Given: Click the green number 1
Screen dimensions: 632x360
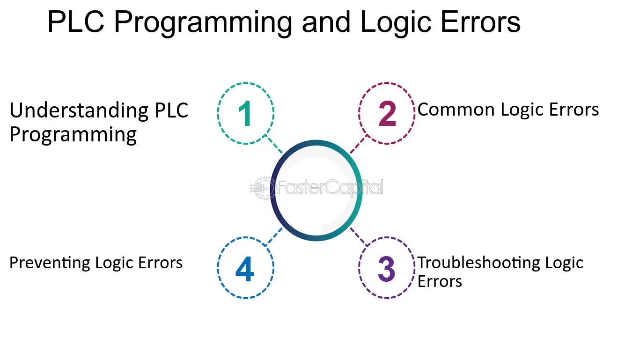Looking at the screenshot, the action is (x=245, y=113).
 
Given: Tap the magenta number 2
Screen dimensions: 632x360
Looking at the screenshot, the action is (x=387, y=113).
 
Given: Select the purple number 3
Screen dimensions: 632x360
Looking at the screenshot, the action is (x=387, y=269).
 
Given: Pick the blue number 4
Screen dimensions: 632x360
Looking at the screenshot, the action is (x=245, y=269).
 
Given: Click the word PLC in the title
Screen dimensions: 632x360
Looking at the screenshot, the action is (x=76, y=22).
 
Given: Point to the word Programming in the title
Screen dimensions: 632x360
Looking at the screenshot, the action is (x=203, y=24).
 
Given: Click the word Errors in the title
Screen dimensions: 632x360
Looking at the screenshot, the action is (x=480, y=22).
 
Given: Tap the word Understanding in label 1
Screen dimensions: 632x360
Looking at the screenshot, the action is (x=79, y=111).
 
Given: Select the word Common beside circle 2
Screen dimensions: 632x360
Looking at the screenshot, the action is (x=456, y=109).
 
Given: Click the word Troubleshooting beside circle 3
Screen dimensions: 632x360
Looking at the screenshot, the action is (x=478, y=263).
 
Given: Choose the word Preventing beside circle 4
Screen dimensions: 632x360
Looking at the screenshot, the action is (x=50, y=263).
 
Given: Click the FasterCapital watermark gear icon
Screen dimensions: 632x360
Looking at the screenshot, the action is (x=262, y=188).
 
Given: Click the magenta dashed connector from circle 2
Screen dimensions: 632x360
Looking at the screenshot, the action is (x=359, y=144).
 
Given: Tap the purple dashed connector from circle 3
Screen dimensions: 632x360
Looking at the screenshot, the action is (x=359, y=236).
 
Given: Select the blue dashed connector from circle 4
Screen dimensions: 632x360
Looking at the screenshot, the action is (x=274, y=236).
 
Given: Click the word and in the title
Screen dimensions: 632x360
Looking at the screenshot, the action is (x=326, y=22).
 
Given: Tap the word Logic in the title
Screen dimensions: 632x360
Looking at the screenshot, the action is (x=396, y=24).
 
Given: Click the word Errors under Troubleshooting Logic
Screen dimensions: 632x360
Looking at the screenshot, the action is (x=440, y=281).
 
